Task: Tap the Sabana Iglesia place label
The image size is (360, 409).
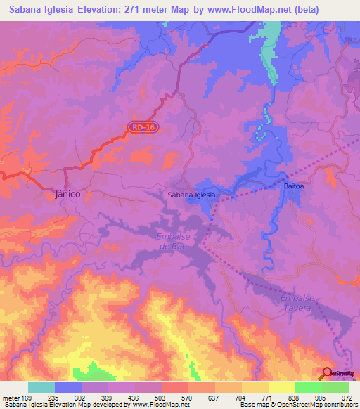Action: tap(191, 195)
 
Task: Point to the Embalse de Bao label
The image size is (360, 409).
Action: tap(172, 241)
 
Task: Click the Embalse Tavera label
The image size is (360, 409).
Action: tap(297, 302)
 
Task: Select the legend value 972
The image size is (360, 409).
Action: tap(347, 397)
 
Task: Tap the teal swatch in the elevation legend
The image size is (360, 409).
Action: tap(41, 387)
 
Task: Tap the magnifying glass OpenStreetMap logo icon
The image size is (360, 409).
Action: tap(328, 374)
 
